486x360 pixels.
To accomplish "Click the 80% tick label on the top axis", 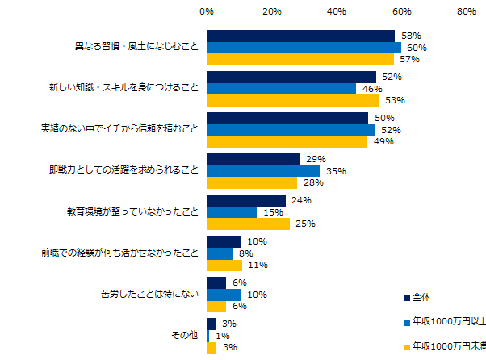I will pos(466,12).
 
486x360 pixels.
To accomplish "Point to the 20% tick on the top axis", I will pos(272,12).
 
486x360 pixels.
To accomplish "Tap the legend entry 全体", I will pos(421,297).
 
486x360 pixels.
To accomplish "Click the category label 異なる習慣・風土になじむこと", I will pos(132,47).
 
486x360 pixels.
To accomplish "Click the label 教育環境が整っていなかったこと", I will pos(132,211).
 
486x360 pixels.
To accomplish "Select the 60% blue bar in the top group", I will pos(304,48).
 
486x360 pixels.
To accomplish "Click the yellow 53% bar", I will pos(292,101).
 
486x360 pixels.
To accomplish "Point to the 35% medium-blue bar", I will pos(263,171).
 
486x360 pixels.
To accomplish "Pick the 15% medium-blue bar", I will pos(232,212).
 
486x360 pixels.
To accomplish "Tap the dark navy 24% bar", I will pos(246,200).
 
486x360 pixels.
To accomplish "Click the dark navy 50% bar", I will pos(287,118).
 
